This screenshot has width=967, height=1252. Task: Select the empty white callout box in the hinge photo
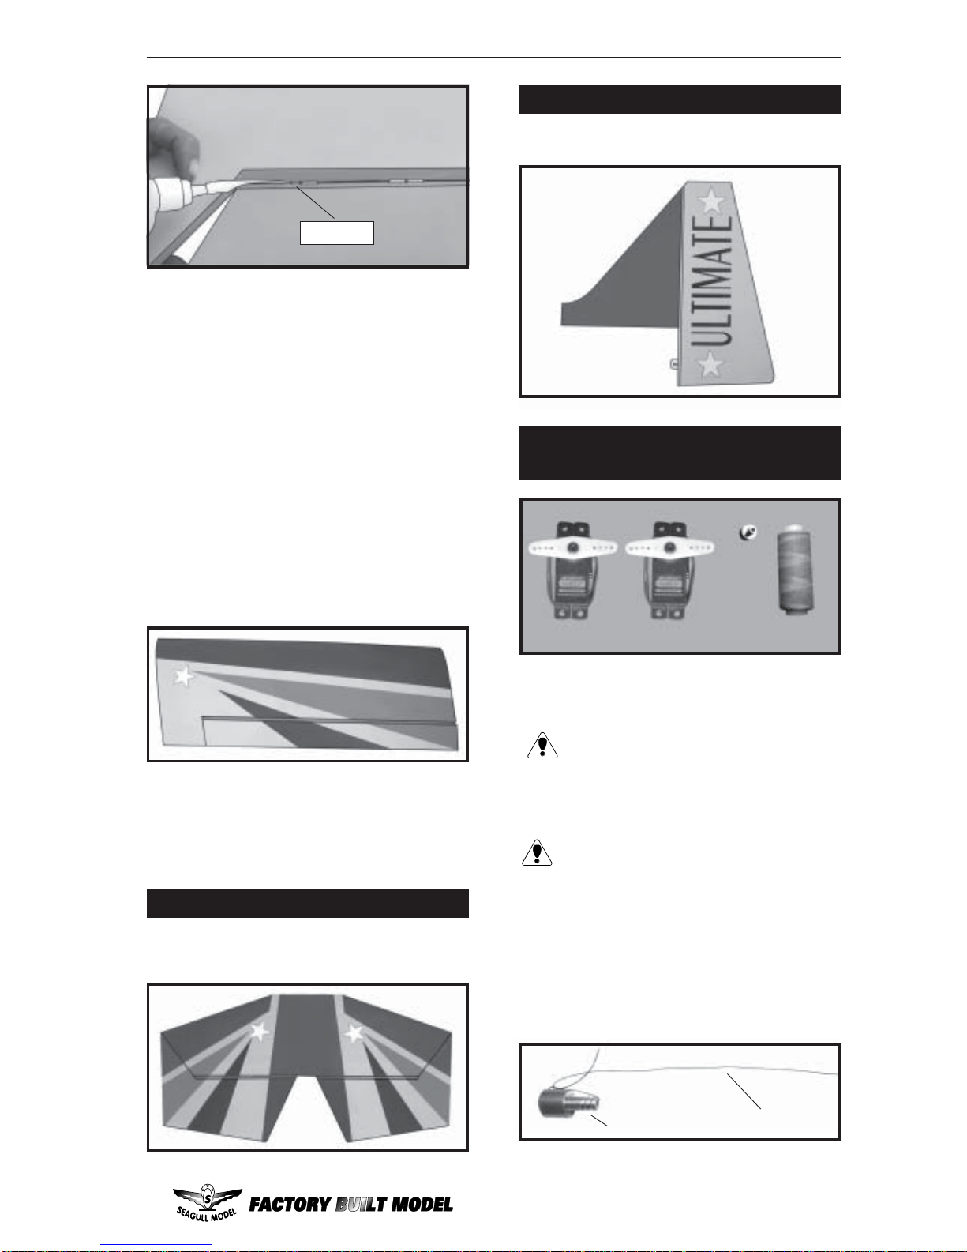coord(337,233)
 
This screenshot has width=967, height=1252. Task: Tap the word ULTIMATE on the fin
coord(711,281)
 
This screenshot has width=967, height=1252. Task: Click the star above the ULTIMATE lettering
coord(711,201)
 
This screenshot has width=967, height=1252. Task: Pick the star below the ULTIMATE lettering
coord(710,364)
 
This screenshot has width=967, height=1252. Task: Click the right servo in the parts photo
coord(669,570)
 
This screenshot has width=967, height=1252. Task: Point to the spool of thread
coord(795,567)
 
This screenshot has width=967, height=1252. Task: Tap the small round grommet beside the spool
coord(748,532)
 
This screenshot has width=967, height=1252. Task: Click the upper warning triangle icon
coord(542,746)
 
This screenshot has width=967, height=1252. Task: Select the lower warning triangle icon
coord(537,853)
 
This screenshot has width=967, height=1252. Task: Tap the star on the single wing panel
coord(184,676)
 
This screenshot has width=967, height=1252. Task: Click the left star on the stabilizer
coord(259,1031)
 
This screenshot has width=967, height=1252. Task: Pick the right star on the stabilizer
coord(354,1033)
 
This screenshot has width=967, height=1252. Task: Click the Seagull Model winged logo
coord(207,1202)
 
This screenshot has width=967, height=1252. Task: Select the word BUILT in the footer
coord(362,1205)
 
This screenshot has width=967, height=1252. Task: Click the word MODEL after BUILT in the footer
coord(422,1205)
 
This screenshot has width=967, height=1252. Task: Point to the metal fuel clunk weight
coord(568,1103)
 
